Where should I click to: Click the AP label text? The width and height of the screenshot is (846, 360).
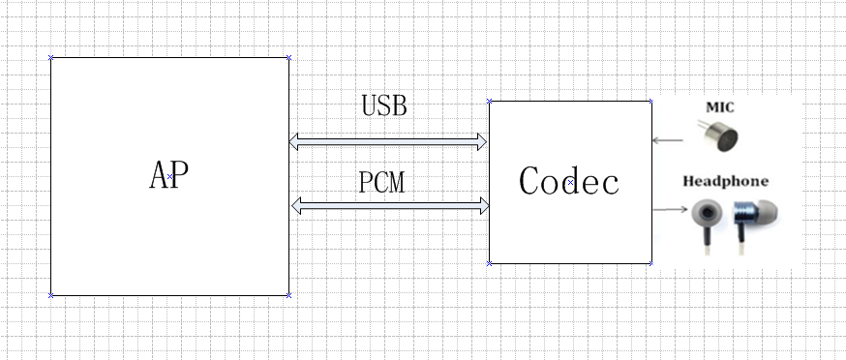point(169,176)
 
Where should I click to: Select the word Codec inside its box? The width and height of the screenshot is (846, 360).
point(569,181)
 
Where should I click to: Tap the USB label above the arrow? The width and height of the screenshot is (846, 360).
point(384,105)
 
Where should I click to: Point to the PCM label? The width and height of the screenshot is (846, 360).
point(381,182)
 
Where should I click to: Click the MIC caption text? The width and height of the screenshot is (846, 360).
point(720,106)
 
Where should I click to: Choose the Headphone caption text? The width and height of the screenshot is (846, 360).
point(725,181)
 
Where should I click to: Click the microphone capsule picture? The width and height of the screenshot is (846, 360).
point(715,136)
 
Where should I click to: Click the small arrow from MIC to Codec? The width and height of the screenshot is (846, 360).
point(667,140)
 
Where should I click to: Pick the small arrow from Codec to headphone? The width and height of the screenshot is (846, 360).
point(669,209)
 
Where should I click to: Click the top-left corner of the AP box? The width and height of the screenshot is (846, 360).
point(51,58)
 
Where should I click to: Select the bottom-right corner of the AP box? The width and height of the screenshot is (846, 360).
point(288,295)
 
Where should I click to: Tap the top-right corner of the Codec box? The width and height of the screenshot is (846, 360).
point(650,101)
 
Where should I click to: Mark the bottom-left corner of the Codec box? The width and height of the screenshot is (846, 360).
point(490,262)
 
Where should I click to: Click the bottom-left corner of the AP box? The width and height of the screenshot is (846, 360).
point(51,295)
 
